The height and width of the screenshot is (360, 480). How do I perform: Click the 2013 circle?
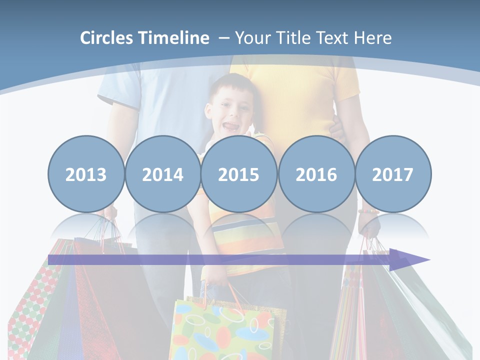coord(86,174)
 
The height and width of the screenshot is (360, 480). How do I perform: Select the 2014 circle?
coord(162,174)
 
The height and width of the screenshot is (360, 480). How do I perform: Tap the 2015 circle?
coord(239,174)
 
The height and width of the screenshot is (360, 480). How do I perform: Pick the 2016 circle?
coord(316,174)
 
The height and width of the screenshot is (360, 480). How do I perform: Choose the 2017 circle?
coord(393,174)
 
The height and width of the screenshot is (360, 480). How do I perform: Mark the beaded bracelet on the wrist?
coord(368,211)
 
